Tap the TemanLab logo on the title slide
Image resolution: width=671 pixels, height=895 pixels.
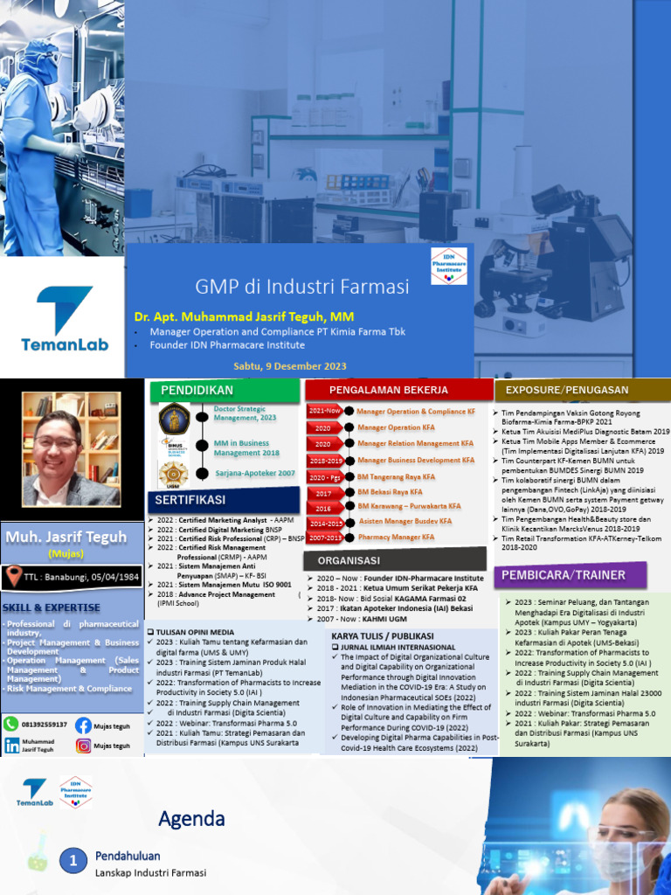[65, 319]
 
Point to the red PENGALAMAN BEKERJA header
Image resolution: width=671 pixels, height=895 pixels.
[399, 390]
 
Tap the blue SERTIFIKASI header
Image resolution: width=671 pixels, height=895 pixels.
[190, 500]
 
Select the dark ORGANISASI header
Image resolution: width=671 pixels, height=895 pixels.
[349, 560]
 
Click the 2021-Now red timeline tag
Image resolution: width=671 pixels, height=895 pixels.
[325, 411]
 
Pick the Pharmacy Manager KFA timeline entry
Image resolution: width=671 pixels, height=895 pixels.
[396, 538]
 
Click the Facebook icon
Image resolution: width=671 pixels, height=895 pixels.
[83, 725]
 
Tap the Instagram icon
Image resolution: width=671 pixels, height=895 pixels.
[83, 746]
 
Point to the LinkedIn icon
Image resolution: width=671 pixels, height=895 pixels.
[12, 746]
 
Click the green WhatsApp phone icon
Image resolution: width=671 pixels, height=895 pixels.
[11, 725]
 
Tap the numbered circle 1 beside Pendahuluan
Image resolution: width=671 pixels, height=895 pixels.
[74, 861]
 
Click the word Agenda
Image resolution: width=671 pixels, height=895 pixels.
[191, 819]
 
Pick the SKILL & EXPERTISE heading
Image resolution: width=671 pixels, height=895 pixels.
[52, 607]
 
